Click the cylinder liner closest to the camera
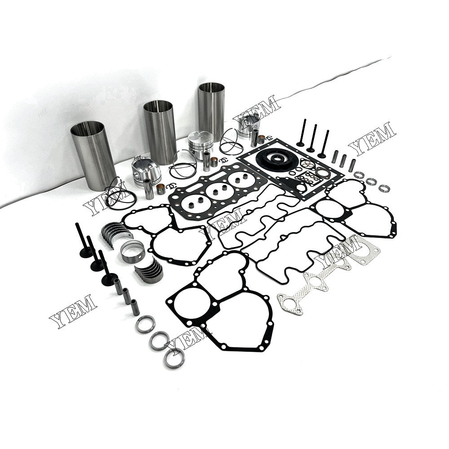point(93,155)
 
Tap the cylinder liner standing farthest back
point(211,110)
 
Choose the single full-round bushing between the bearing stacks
point(132,251)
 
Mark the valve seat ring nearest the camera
point(174,357)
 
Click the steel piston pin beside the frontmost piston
point(149,189)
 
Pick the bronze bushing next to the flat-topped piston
point(214,161)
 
